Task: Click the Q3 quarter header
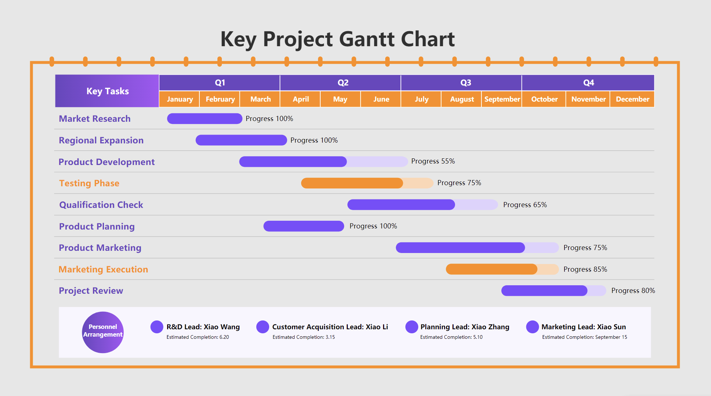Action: [465, 83]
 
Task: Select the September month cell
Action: [502, 99]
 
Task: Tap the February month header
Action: [220, 99]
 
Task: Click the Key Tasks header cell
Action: [107, 91]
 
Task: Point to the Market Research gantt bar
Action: [205, 119]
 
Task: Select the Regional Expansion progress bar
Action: [241, 140]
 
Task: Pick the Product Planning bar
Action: [304, 226]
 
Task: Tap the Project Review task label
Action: [91, 291]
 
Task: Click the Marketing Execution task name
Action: [103, 269]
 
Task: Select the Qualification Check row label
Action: [101, 205]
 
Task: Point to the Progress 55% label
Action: [433, 161]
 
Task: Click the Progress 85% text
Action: [585, 269]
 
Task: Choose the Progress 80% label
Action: [633, 291]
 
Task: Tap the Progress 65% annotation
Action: [525, 205]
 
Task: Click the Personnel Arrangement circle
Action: [103, 332]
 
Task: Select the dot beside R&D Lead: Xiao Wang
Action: [157, 327]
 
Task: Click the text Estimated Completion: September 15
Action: [584, 337]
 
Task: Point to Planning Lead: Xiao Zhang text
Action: [465, 327]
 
